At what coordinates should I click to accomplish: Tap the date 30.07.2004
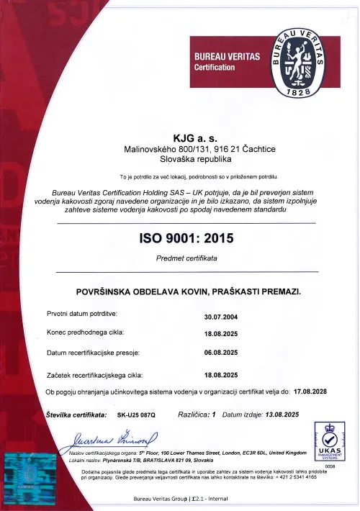pyautogui.click(x=221, y=316)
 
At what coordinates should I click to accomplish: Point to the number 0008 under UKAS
pyautogui.click(x=330, y=466)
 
